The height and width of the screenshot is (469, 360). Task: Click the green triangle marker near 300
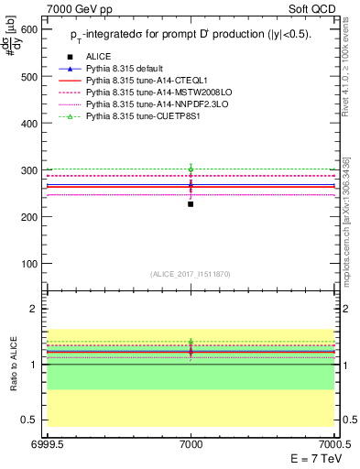pos(191,169)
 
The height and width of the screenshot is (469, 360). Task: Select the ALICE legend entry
pos(100,57)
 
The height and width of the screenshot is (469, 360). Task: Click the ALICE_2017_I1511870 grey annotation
pos(191,274)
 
